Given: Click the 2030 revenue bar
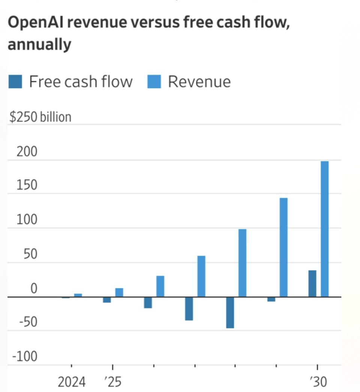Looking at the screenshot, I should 324,229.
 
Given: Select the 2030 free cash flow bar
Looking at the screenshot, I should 312,284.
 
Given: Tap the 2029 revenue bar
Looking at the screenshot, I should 283,247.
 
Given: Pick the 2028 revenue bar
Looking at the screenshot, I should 243,263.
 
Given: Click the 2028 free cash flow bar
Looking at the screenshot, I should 230,312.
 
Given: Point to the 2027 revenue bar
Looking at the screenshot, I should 201,276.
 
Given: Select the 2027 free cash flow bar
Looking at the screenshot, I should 189,308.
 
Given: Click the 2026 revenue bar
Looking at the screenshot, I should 160,286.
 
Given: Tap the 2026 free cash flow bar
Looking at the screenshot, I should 148,302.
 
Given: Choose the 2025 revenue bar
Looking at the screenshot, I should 119,292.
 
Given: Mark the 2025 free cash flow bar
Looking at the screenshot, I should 107,299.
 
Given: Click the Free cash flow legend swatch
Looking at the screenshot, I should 15,81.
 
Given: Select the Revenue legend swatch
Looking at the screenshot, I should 154,81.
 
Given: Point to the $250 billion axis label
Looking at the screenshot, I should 40,117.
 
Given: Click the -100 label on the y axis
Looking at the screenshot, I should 25,356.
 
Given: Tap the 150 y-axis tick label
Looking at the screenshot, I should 27,185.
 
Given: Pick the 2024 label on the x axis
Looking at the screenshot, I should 71,382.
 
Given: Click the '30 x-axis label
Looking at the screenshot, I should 318,382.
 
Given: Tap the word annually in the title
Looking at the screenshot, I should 39,45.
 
